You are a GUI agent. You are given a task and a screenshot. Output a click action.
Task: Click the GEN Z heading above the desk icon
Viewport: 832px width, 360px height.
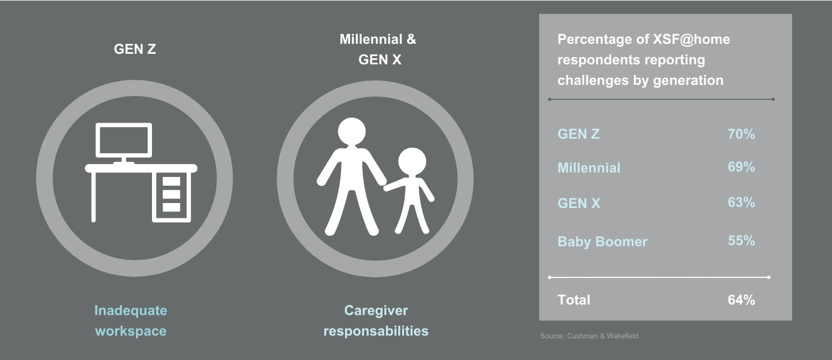[x=135, y=49]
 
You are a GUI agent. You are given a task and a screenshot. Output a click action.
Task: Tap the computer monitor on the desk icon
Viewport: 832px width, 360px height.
[x=124, y=140]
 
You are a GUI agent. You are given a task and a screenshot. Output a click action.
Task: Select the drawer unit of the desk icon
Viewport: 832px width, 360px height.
[x=171, y=197]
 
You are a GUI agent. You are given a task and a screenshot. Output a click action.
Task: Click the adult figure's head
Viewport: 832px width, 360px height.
[x=352, y=131]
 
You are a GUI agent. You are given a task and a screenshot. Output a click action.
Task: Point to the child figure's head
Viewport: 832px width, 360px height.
[x=412, y=161]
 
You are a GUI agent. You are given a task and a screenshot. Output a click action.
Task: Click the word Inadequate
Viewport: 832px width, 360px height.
[x=131, y=310]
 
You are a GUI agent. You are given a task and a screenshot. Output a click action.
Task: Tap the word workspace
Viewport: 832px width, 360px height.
[x=131, y=331]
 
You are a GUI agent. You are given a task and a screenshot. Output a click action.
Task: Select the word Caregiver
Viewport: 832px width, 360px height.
[x=376, y=310]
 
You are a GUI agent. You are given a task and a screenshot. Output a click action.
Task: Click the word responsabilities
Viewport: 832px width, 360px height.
[x=376, y=331]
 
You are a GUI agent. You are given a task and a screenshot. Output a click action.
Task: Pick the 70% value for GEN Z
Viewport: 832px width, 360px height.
[x=742, y=134]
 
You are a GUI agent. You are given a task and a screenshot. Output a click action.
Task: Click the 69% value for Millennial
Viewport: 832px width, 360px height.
[x=742, y=167]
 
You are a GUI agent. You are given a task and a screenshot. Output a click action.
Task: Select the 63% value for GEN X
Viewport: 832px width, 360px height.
[x=742, y=202]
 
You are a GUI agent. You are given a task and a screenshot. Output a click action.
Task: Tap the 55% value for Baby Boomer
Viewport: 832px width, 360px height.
[x=742, y=241]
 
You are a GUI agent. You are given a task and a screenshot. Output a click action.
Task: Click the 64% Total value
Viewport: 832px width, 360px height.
[x=742, y=300]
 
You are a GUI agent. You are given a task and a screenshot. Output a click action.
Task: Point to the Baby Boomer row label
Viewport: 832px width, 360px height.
[x=602, y=241]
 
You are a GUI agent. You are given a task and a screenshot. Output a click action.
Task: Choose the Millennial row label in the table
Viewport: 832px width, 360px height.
[x=589, y=168]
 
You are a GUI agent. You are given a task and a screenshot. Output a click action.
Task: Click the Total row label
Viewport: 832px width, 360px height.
[x=574, y=300]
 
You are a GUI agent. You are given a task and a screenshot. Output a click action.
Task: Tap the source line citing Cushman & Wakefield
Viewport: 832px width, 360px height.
[x=589, y=336]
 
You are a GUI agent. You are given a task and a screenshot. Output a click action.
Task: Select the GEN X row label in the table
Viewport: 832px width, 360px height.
[x=579, y=203]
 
